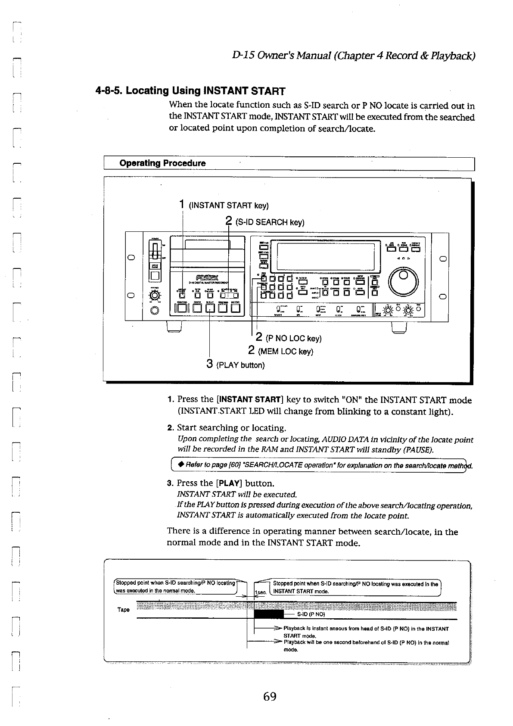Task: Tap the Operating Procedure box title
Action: coord(162,163)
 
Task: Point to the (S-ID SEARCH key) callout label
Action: coord(270,222)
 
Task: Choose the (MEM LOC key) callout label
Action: coord(285,352)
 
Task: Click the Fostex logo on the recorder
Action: coord(208,277)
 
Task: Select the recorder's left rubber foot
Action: coord(174,327)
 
